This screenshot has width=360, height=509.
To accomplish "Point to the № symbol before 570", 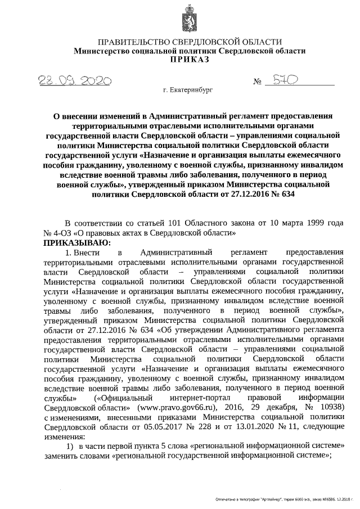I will pos(259,82).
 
